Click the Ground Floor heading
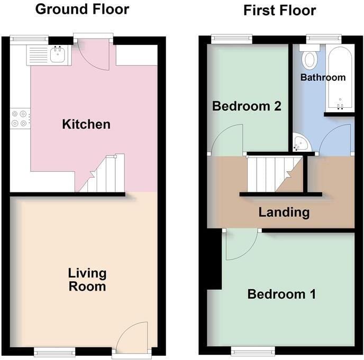(x=82, y=10)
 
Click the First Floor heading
(x=279, y=11)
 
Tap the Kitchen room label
(x=86, y=124)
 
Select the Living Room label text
(x=87, y=280)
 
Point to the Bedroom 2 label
(x=247, y=106)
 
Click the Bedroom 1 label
(x=281, y=294)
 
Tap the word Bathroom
(x=323, y=77)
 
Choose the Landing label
(x=284, y=212)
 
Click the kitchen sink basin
(x=57, y=55)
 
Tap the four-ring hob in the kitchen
(x=20, y=118)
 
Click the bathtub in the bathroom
(x=340, y=78)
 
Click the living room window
(x=54, y=352)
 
